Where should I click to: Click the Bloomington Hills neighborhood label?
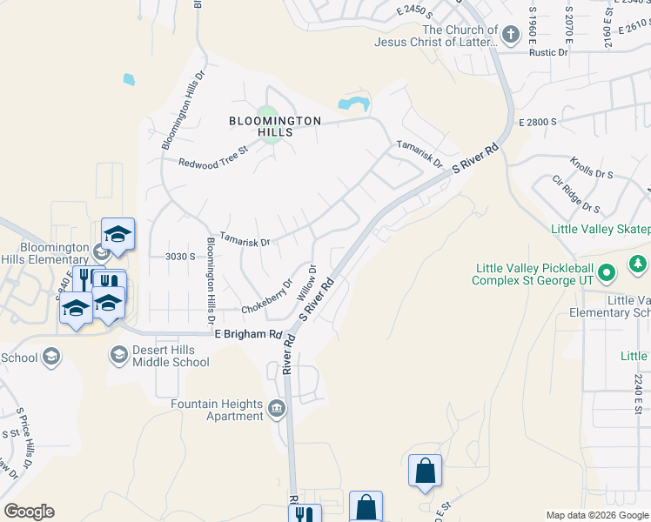pos(275,126)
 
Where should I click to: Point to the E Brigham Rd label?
pos(248,334)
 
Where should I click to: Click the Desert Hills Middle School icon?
pos(118,355)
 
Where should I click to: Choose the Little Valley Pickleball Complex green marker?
pos(608,274)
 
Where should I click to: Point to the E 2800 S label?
pos(537,124)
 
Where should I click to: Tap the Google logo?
pos(29,512)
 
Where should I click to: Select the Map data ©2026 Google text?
pos(597,515)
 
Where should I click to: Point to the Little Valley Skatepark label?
pos(601,229)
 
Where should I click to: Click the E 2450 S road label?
pos(413,11)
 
